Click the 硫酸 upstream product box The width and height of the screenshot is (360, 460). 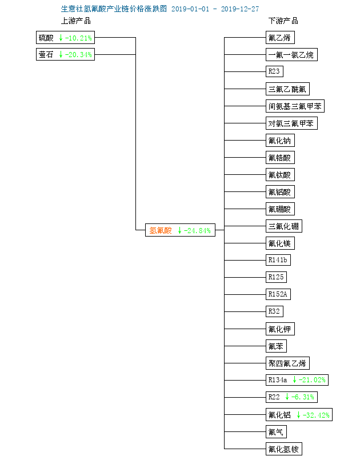tap(65, 38)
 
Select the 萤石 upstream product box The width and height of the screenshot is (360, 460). tap(65, 54)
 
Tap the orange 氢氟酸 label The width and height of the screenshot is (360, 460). tap(161, 230)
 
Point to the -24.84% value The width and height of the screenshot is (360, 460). tap(197, 231)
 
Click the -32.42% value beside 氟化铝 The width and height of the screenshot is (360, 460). tap(316, 415)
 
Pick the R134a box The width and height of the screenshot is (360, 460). tap(297, 380)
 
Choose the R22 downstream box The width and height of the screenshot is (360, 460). tap(291, 397)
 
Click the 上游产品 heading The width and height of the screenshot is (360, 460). tap(75, 21)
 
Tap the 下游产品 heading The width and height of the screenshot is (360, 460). tap(283, 21)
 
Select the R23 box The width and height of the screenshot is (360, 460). tap(274, 71)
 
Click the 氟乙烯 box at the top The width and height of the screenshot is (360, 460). tap(280, 38)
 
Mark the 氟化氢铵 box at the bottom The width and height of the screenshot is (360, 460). tap(284, 449)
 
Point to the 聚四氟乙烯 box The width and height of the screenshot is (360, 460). tap(287, 363)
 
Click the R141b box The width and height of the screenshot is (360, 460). tap(278, 260)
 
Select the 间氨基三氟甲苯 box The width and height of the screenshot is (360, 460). tap(295, 106)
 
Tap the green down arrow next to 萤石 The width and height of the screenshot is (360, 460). tap(61, 54)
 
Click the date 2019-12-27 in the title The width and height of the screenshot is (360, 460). tap(240, 9)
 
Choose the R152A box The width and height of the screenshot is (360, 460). tap(278, 294)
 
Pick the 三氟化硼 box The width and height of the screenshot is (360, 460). tap(284, 226)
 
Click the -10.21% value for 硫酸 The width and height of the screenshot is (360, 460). tap(78, 38)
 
